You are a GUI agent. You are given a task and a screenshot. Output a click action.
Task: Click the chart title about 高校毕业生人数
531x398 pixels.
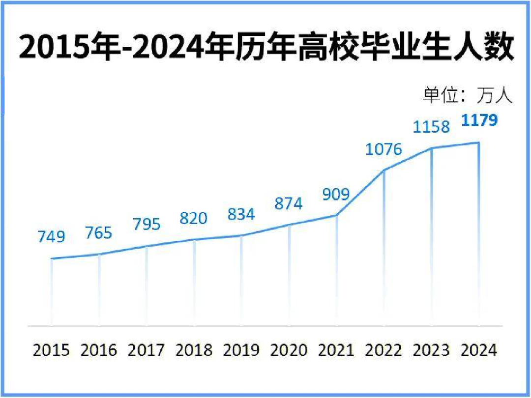[x=265, y=48]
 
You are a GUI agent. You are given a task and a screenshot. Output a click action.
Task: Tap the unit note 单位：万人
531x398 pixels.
[x=468, y=95]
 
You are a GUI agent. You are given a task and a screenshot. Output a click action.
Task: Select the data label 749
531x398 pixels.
[x=51, y=237]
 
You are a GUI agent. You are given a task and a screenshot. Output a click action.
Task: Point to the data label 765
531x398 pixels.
[x=98, y=232]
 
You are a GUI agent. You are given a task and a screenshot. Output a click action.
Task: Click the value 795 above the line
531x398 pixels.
[x=147, y=224]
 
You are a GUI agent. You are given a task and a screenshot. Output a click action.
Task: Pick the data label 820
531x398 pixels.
[x=193, y=218]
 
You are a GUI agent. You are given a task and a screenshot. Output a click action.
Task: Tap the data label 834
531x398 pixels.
[x=241, y=214]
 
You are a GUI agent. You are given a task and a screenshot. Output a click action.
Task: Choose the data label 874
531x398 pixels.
[x=289, y=203]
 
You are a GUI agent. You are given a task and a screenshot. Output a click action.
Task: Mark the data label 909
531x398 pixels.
[x=336, y=194]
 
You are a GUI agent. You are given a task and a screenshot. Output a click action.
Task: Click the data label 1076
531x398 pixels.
[x=383, y=149]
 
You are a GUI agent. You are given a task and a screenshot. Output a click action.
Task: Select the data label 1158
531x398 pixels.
[x=431, y=127]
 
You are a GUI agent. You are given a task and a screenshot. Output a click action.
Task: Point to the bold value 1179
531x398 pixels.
[x=478, y=120]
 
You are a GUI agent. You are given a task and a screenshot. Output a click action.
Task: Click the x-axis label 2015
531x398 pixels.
[x=51, y=350]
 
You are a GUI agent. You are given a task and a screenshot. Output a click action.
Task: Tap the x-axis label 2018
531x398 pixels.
[x=194, y=350]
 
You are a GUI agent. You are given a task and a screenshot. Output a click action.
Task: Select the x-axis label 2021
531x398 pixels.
[x=336, y=350]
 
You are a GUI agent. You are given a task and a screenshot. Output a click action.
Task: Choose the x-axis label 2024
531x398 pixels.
[x=479, y=350]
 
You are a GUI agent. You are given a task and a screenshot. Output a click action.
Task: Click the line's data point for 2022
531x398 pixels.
[x=384, y=170]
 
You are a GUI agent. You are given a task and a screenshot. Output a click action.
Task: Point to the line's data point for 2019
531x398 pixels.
[x=241, y=236]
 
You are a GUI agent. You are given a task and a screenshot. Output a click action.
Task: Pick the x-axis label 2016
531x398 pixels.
[x=99, y=350]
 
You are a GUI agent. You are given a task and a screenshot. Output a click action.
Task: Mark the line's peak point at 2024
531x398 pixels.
[x=479, y=143]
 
